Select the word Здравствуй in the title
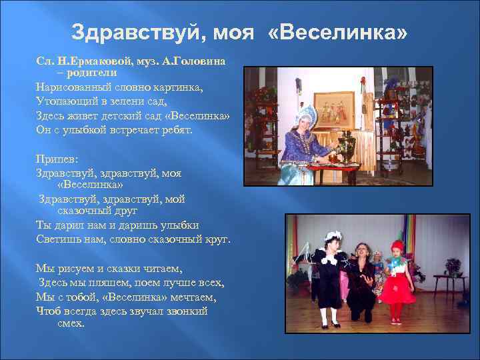[125, 33]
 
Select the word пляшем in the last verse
[108, 282]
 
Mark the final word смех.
[71, 323]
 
